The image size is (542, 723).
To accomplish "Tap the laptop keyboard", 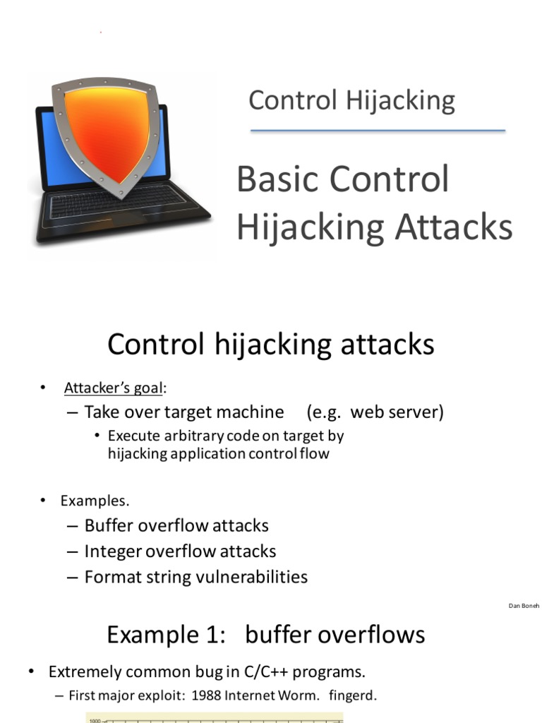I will point(120,205).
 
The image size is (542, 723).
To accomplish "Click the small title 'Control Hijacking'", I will point(351,100).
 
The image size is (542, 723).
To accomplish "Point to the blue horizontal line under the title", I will point(378,131).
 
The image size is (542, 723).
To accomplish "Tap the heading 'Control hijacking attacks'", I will point(270,345).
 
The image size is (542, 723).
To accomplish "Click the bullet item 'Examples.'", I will point(95,501).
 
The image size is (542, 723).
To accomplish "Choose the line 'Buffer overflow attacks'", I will point(176,525).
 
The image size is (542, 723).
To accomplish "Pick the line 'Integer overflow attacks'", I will point(180,551).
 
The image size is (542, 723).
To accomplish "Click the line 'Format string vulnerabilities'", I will point(195,577).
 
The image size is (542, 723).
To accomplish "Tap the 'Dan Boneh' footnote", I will point(524,606).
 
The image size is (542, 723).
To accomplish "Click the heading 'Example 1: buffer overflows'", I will point(265,635).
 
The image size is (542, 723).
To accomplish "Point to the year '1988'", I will point(203,695).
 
